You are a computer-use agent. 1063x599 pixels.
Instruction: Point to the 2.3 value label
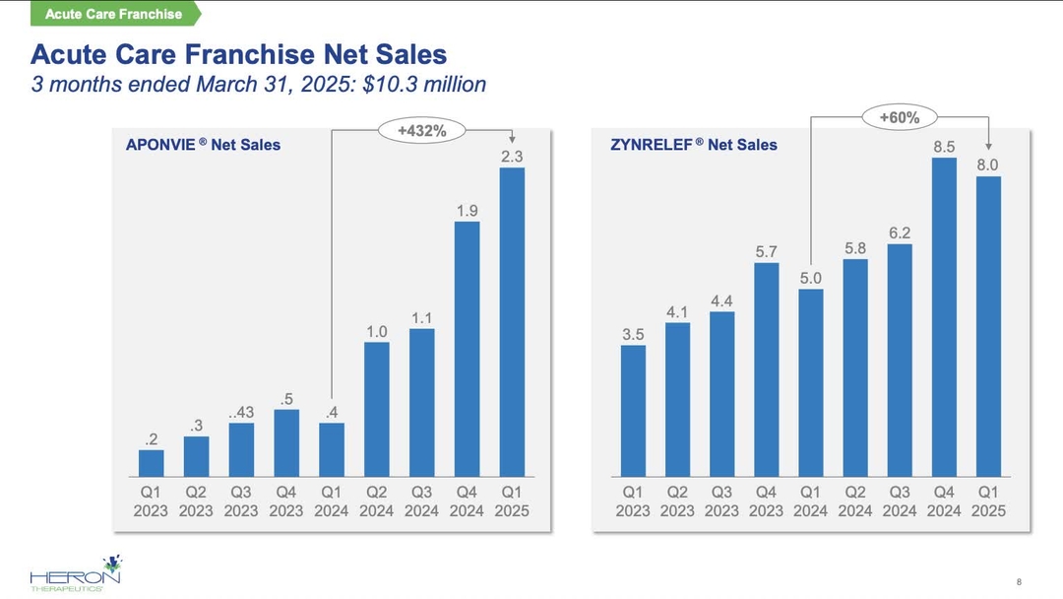click(512, 156)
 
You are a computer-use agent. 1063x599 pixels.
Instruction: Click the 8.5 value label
click(944, 146)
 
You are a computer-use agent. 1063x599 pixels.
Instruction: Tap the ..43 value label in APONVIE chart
click(241, 412)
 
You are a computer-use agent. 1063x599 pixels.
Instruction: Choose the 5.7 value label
click(767, 251)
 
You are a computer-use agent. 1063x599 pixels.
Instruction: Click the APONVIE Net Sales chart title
click(203, 145)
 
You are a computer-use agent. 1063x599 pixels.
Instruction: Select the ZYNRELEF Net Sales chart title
click(694, 145)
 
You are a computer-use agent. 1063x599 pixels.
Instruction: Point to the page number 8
click(1018, 579)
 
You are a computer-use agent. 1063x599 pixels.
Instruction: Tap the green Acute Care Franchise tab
click(113, 14)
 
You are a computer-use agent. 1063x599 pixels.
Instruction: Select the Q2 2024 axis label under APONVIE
click(377, 500)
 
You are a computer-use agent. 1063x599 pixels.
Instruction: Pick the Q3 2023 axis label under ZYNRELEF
click(721, 500)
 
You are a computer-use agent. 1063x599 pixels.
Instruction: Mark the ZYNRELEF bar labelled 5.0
click(810, 383)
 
